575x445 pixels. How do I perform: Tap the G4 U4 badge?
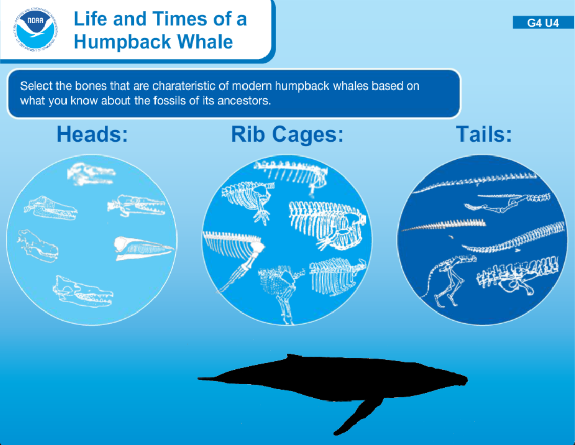(543, 23)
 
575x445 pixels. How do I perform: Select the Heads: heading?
(93, 134)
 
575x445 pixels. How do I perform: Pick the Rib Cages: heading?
(287, 134)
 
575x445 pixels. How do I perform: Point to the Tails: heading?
(484, 134)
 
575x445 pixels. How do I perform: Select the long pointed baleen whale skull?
(144, 249)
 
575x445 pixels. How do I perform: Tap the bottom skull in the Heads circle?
(83, 292)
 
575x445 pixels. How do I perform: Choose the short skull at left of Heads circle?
(37, 246)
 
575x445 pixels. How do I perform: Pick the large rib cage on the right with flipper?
(326, 225)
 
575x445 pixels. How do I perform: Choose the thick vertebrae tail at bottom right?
(518, 275)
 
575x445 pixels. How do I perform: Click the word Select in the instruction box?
(36, 86)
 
